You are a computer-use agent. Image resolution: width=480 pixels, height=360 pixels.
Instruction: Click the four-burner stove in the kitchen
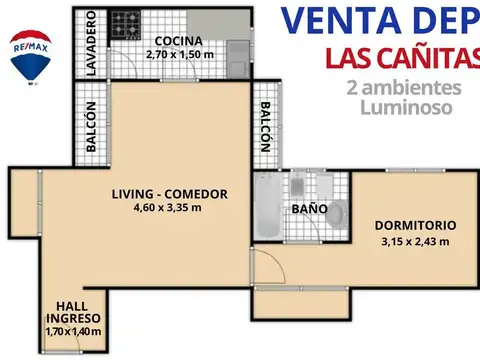click(x=125, y=22)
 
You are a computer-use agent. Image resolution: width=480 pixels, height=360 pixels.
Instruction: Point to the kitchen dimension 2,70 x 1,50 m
click(x=178, y=54)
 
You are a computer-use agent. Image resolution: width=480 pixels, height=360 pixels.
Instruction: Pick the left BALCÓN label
click(x=91, y=127)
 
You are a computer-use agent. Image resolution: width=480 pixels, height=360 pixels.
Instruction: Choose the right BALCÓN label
click(x=265, y=127)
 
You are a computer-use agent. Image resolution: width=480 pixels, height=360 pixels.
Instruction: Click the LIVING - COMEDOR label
click(x=167, y=194)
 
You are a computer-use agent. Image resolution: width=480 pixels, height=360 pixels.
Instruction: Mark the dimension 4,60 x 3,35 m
click(x=167, y=208)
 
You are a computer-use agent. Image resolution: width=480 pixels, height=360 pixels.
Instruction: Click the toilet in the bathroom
click(x=338, y=212)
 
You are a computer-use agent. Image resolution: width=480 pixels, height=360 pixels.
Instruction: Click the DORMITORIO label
click(x=415, y=225)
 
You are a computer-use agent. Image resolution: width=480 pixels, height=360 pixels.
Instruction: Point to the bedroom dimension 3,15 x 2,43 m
click(x=415, y=240)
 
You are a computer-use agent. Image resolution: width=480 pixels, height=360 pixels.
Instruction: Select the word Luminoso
click(x=405, y=104)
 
